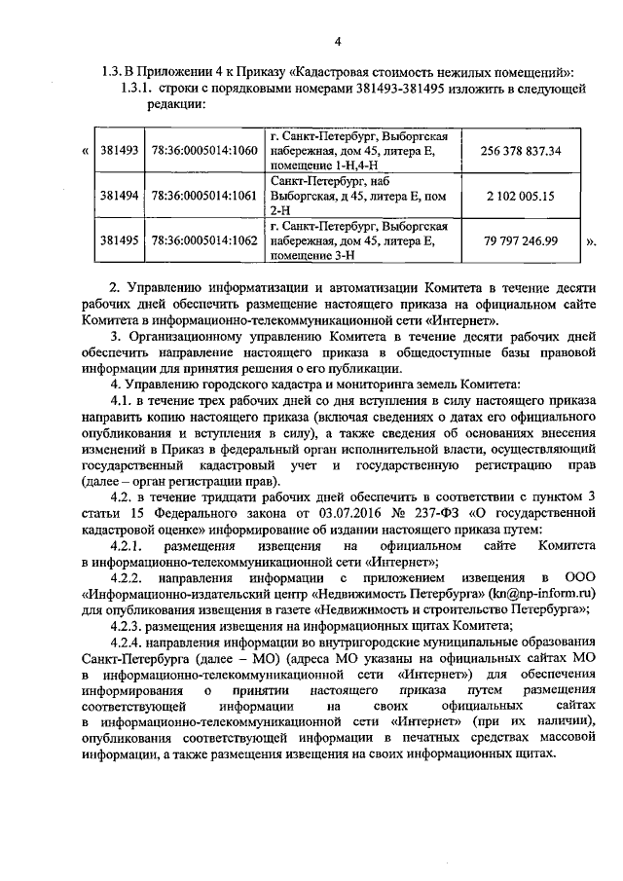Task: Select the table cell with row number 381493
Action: [120, 151]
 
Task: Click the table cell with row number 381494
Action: [120, 196]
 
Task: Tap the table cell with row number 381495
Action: [120, 240]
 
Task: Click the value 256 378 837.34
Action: [522, 151]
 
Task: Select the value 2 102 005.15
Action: [521, 196]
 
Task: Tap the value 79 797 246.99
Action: [522, 240]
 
